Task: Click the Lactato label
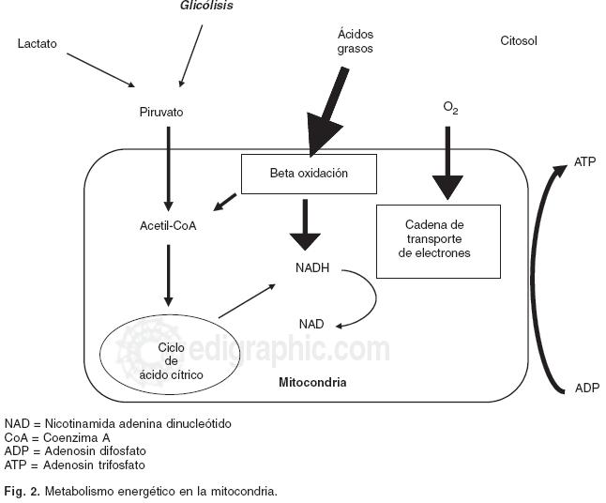[38, 43]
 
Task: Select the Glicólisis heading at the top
[206, 6]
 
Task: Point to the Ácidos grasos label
[356, 41]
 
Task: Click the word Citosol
[519, 41]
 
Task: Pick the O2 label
[450, 109]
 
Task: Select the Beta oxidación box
[309, 174]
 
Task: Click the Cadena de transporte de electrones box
[437, 239]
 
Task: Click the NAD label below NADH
[311, 324]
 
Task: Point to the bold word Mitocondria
[312, 383]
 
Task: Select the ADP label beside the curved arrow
[585, 388]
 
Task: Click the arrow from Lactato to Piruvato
[99, 69]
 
